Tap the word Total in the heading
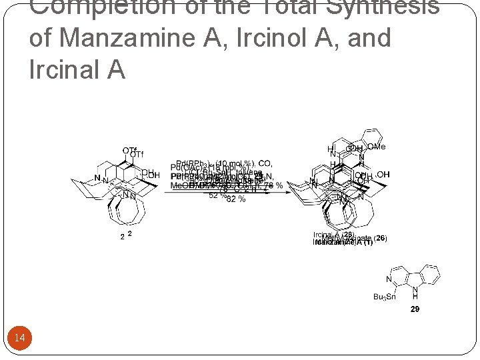click(x=313, y=7)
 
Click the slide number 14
click(x=20, y=338)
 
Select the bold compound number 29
click(x=415, y=309)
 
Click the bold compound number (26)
click(x=381, y=238)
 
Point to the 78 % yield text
click(x=273, y=185)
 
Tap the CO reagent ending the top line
click(x=265, y=163)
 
